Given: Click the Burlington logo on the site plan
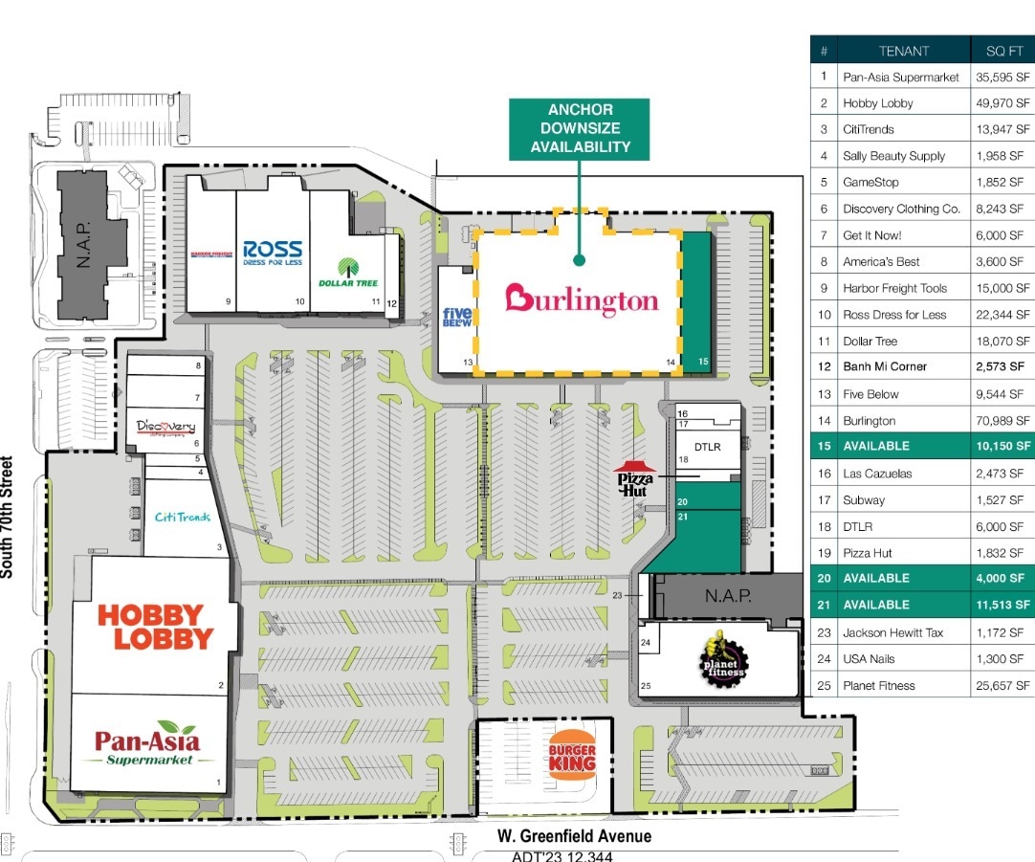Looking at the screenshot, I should click(582, 299).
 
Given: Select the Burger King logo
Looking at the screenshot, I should click(572, 755).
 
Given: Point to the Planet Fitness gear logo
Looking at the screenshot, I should click(723, 657).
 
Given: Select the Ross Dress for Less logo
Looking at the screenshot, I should click(273, 253).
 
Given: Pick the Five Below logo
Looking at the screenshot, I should click(456, 318).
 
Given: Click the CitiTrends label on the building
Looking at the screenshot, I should click(182, 517).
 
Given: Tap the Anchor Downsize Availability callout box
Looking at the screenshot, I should click(579, 128).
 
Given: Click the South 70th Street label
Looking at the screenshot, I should click(8, 517).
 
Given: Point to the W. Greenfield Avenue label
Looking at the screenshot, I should click(574, 836).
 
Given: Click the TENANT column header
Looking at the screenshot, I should click(903, 51).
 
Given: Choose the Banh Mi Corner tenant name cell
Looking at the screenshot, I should click(884, 366).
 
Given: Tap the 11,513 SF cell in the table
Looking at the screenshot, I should click(1002, 605).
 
